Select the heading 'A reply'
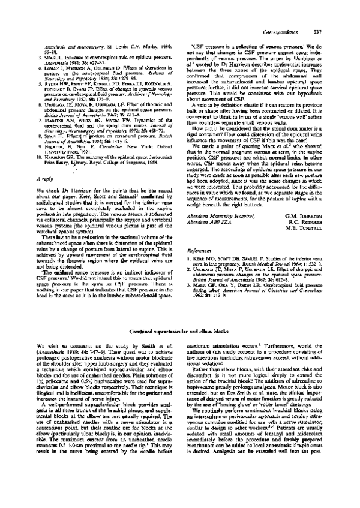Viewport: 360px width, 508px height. (46, 162)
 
